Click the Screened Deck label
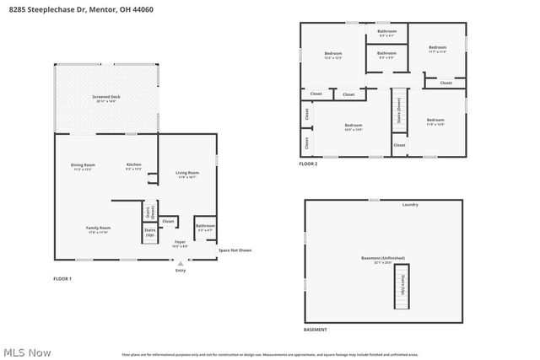105,98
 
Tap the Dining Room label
82,166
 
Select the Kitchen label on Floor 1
133,166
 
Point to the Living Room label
186,175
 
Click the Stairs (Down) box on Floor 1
148,210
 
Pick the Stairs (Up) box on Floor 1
148,231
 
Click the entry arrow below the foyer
180,262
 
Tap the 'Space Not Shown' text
235,250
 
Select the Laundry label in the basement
410,205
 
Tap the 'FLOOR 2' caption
309,164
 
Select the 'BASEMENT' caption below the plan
316,330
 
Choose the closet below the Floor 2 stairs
398,145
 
